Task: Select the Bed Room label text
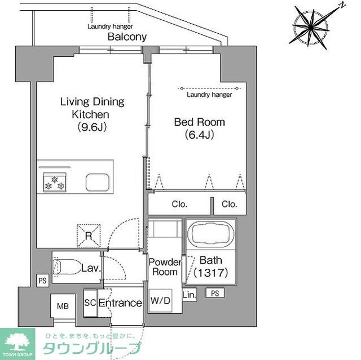click(199, 122)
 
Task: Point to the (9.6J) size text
click(93, 127)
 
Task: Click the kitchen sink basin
click(98, 182)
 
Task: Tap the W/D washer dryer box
click(160, 300)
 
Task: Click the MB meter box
click(62, 307)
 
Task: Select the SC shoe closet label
click(90, 303)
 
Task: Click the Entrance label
click(120, 303)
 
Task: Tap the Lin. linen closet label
click(189, 294)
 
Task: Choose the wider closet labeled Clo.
click(180, 205)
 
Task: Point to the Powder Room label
click(165, 267)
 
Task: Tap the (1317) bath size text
click(212, 273)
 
